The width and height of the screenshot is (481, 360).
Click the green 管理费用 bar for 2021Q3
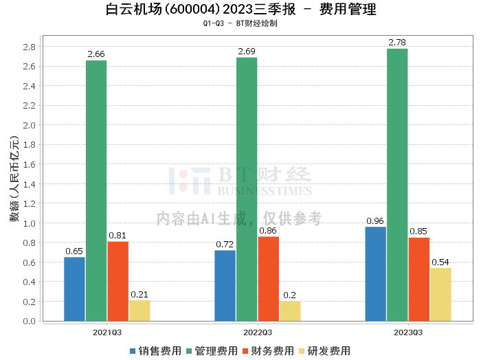coord(96,190)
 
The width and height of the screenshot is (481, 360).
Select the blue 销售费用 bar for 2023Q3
coord(375,273)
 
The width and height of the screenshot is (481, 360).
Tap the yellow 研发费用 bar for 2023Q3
coord(440,294)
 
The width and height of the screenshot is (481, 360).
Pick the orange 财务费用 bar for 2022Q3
coord(268,278)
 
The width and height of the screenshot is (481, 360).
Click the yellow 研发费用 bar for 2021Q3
coord(139,310)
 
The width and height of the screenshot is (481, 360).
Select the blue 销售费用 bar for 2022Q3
coord(225,285)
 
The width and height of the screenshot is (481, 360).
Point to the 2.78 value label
coord(397,43)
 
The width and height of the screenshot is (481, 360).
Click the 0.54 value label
coord(440,262)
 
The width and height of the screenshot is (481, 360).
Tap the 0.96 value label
coord(375,221)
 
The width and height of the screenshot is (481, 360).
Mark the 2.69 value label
coord(247,52)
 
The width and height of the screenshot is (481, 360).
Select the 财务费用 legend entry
coord(267,350)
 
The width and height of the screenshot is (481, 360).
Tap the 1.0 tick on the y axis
coord(30,223)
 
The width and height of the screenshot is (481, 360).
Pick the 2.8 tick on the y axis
coord(30,47)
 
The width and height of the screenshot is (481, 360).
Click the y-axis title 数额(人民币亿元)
coord(14,183)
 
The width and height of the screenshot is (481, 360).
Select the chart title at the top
coord(240,10)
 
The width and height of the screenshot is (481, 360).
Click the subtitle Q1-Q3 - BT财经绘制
coord(240,23)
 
